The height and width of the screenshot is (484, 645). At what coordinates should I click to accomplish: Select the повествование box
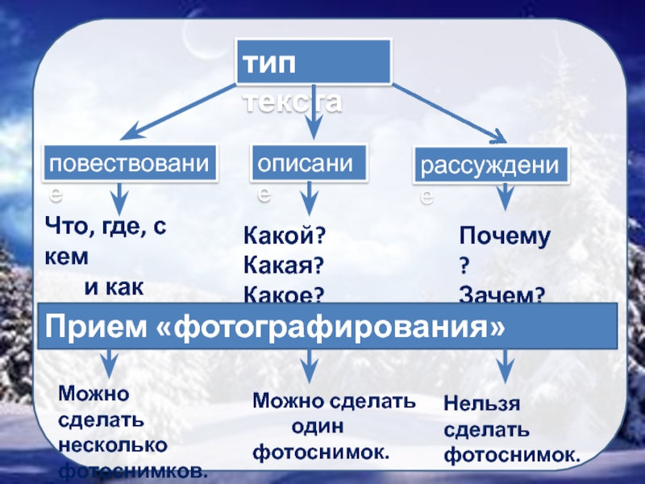click(x=130, y=165)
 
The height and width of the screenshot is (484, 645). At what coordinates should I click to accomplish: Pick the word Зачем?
click(x=501, y=295)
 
